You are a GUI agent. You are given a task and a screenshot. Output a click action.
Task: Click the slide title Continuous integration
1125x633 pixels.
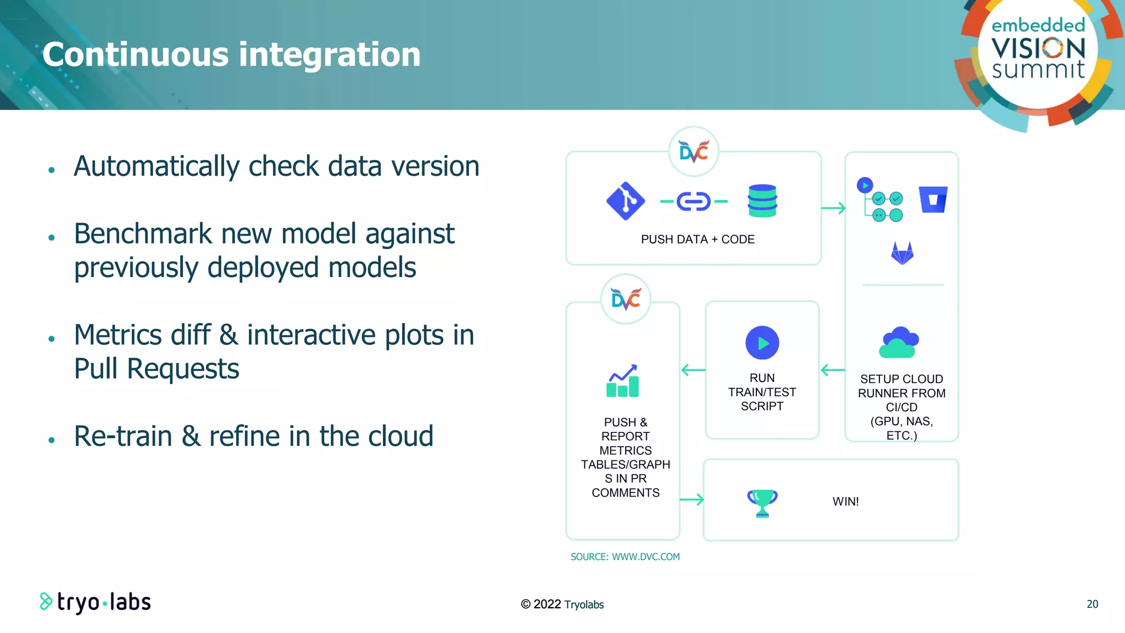pyautogui.click(x=231, y=54)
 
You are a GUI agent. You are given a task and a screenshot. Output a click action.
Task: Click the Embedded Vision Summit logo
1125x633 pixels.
pyautogui.click(x=1038, y=52)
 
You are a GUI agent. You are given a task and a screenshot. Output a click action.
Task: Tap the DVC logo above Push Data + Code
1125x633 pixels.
pyautogui.click(x=693, y=152)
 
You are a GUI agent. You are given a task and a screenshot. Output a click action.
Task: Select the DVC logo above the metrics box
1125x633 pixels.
pyautogui.click(x=626, y=299)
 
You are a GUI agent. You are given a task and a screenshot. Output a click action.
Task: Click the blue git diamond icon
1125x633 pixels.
pyautogui.click(x=625, y=201)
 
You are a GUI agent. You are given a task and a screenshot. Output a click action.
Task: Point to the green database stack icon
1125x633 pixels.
pyautogui.click(x=762, y=201)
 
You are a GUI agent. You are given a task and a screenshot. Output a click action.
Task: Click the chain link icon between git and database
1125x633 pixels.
pyautogui.click(x=693, y=202)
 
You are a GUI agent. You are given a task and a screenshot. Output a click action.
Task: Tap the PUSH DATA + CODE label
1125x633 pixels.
pyautogui.click(x=698, y=240)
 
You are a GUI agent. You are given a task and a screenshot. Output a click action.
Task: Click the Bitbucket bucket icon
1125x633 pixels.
pyautogui.click(x=933, y=199)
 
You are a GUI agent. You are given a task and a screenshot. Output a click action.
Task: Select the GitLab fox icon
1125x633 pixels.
pyautogui.click(x=902, y=253)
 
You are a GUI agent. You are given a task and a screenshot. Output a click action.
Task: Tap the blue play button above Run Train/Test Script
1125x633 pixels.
pyautogui.click(x=762, y=343)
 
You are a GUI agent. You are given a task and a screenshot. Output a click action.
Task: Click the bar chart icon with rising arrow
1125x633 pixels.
pyautogui.click(x=623, y=381)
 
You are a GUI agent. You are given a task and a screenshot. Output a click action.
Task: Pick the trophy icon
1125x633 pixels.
pyautogui.click(x=762, y=503)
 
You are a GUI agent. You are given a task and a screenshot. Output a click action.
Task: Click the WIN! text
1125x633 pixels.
pyautogui.click(x=845, y=502)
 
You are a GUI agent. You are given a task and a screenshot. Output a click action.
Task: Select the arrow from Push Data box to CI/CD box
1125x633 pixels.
pyautogui.click(x=833, y=208)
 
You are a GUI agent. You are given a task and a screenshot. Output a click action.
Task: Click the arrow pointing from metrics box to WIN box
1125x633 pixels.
pyautogui.click(x=692, y=499)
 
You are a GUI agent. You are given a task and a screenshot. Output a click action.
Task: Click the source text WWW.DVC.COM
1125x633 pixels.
pyautogui.click(x=645, y=557)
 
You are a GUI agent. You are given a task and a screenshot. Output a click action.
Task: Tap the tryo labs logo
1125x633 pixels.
pyautogui.click(x=96, y=602)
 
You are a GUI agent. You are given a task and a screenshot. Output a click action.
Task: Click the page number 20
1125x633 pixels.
pyautogui.click(x=1092, y=604)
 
